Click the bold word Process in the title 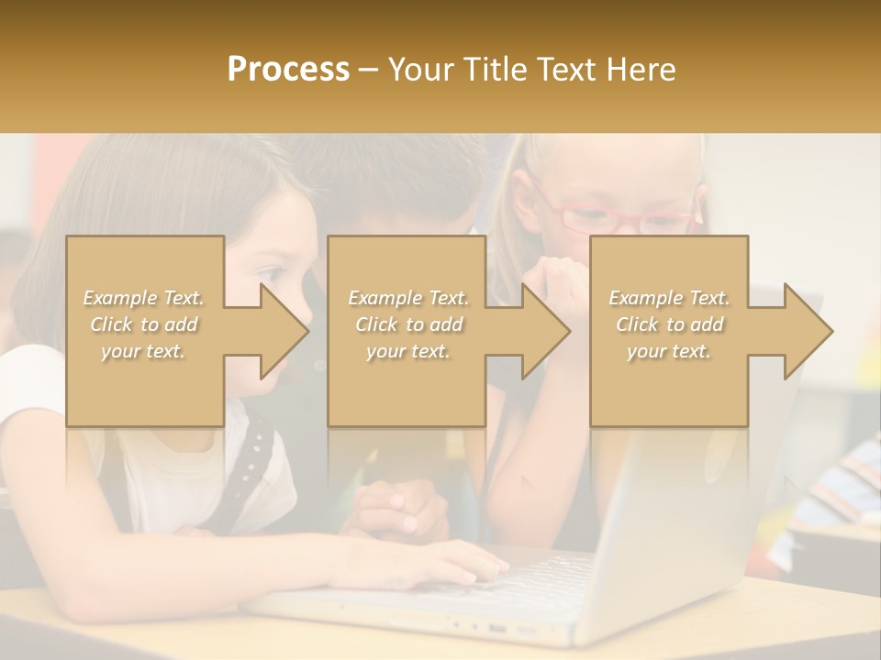288,69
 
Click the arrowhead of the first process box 284,331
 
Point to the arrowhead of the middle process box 546,331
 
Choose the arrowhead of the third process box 809,331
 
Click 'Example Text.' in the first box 143,298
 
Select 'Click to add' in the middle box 408,324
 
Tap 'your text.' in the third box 668,351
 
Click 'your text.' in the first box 143,351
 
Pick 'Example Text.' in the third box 668,298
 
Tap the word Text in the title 566,69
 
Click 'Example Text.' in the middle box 408,298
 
